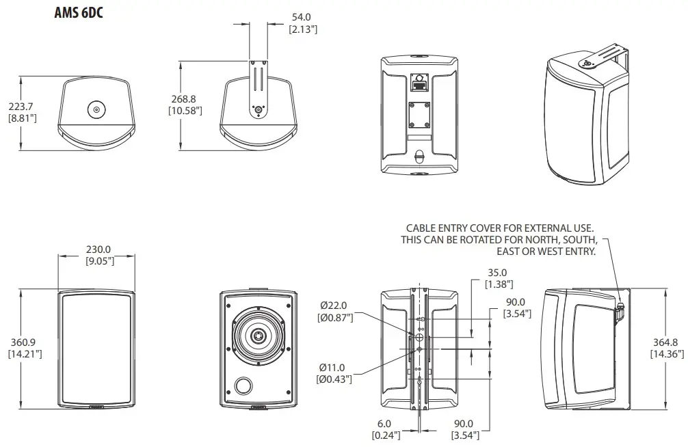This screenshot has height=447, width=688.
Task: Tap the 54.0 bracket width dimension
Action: tap(301, 16)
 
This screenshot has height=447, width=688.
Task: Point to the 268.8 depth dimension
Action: tap(185, 100)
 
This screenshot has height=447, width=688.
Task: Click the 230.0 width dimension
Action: tap(99, 249)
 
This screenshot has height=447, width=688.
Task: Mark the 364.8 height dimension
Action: tap(664, 343)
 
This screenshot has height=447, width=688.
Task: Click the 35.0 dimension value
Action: tap(498, 271)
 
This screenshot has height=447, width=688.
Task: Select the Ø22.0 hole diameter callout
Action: tap(334, 306)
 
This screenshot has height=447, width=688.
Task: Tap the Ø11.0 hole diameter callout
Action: tap(334, 366)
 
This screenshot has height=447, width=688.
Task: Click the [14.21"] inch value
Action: tap(25, 353)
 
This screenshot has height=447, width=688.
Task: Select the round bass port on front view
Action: tap(243, 387)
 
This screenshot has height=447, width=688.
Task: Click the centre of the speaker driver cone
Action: tap(259, 336)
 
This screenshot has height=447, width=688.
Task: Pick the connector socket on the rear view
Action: tap(419, 85)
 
